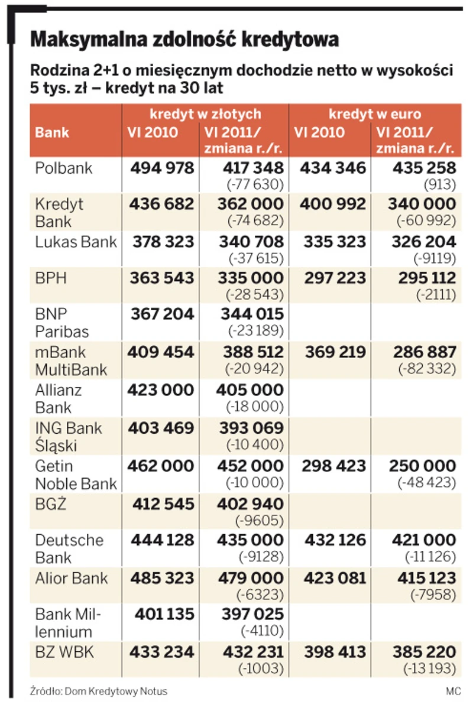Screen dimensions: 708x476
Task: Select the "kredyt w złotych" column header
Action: pos(205,113)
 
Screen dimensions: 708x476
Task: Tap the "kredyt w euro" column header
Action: pos(375,113)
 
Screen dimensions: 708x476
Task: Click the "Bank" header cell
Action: pos(52,132)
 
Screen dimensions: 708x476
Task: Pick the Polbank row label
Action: pos(64,168)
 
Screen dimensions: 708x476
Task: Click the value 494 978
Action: pos(161,168)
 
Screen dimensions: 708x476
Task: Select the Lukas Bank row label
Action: pos(76,242)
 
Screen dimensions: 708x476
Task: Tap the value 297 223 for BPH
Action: pos(333,278)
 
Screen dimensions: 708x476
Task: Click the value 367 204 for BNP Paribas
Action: pos(161,315)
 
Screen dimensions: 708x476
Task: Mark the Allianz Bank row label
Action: pos(59,398)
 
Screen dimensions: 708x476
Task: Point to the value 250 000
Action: pos(422,466)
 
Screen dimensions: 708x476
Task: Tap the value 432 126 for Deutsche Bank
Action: pos(333,540)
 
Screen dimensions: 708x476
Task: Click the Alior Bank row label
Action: pos(72,577)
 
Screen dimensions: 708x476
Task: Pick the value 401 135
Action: pos(161,615)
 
